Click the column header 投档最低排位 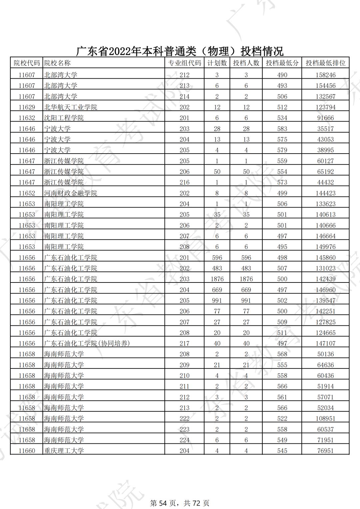click(x=325, y=63)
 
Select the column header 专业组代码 click(x=184, y=63)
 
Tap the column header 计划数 click(x=217, y=63)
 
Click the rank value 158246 click(x=325, y=75)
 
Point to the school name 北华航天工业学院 click(x=71, y=107)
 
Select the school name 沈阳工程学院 click(x=64, y=118)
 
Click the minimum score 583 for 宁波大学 click(x=282, y=129)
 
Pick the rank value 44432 click(x=325, y=182)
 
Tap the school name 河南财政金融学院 click(x=71, y=193)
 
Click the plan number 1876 click(x=217, y=279)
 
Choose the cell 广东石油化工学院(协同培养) click(x=87, y=343)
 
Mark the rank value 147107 click(x=325, y=343)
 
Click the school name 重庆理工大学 click(x=64, y=451)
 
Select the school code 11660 click(x=27, y=451)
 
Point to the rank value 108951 click(x=325, y=418)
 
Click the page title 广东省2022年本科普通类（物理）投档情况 click(x=180, y=51)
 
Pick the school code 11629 click(x=27, y=107)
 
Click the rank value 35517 click(x=325, y=129)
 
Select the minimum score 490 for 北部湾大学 click(x=282, y=75)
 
